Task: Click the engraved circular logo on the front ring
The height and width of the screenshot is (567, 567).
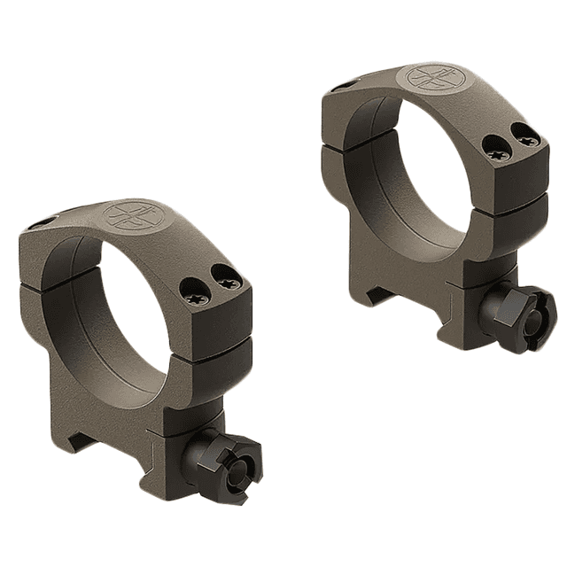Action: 126,216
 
